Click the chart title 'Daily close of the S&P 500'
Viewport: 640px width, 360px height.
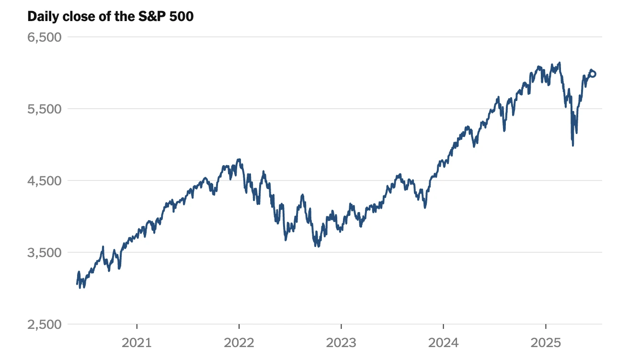[x=110, y=17]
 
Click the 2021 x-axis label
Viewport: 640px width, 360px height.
[x=137, y=343]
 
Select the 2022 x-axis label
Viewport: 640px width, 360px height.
[x=239, y=343]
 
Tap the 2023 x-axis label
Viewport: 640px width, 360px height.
[x=341, y=343]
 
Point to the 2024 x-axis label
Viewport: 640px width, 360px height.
[x=443, y=343]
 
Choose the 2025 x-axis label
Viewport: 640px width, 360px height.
[x=546, y=343]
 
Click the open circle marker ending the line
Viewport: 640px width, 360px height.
[x=593, y=74]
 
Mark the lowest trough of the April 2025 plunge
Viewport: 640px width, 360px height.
[x=573, y=145]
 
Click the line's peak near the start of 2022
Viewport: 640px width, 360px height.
[x=239, y=159]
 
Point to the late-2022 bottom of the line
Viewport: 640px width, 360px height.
[x=318, y=246]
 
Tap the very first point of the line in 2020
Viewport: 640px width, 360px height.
[x=77, y=284]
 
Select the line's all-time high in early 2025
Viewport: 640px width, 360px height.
[x=559, y=63]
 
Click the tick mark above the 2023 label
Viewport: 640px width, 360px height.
[x=341, y=327]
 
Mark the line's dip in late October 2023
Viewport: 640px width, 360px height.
[x=425, y=207]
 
